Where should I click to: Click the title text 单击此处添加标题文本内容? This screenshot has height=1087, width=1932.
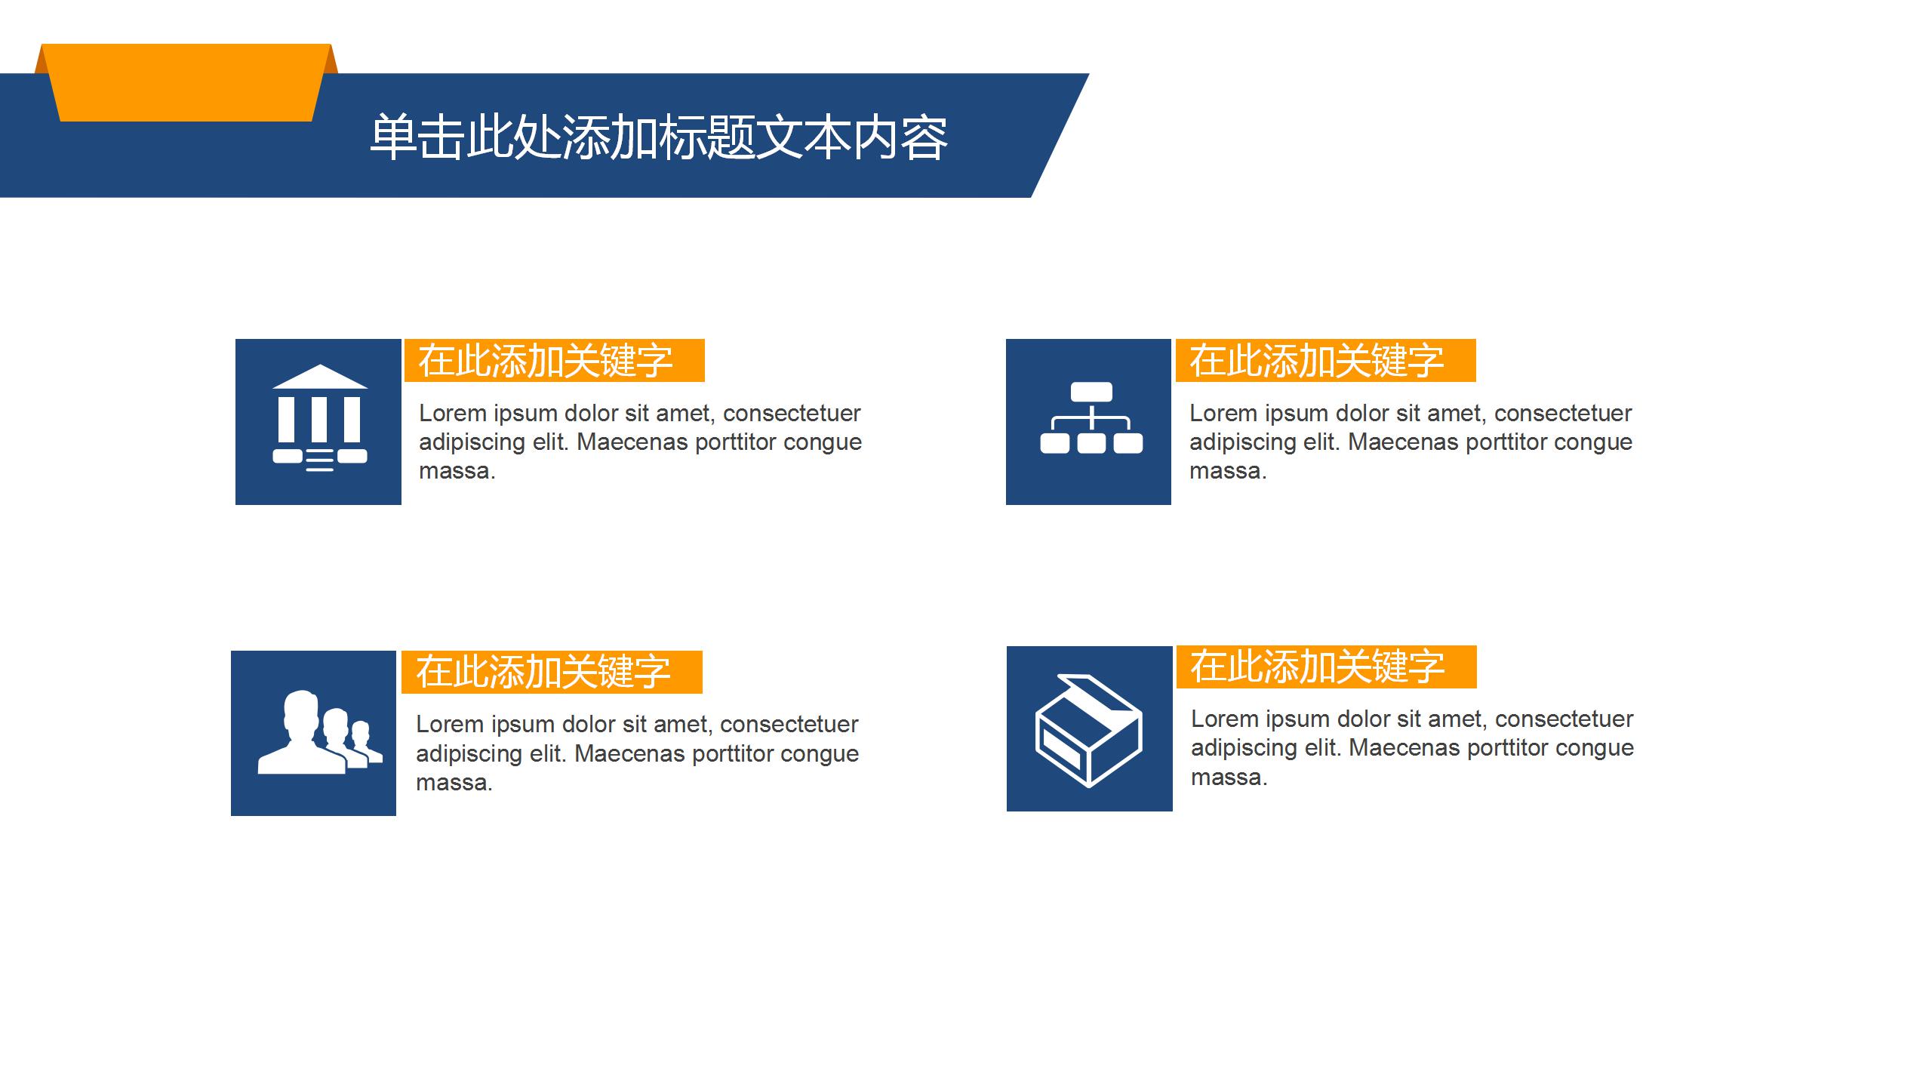point(658,137)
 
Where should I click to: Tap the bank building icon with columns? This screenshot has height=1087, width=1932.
point(319,420)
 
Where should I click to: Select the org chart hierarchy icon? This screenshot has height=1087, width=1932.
point(1091,418)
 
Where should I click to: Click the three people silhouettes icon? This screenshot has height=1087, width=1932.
point(318,732)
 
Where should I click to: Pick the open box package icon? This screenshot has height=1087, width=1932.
point(1088,729)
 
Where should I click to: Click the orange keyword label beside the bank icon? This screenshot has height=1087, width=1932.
point(554,361)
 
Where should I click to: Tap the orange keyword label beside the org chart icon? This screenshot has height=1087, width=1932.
point(1325,361)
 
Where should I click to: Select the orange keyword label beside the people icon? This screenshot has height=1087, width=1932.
point(551,672)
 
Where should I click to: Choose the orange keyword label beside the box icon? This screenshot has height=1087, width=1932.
point(1326,667)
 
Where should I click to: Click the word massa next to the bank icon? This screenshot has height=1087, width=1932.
point(456,471)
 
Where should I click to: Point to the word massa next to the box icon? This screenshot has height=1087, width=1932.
point(1228,777)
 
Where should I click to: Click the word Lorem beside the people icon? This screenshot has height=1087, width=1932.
point(450,725)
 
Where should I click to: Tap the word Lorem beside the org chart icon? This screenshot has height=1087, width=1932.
point(1223,414)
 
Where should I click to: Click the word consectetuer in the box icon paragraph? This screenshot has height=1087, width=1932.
point(1564,719)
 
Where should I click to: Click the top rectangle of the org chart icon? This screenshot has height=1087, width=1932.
point(1091,392)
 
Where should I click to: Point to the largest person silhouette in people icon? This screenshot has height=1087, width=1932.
point(301,736)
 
